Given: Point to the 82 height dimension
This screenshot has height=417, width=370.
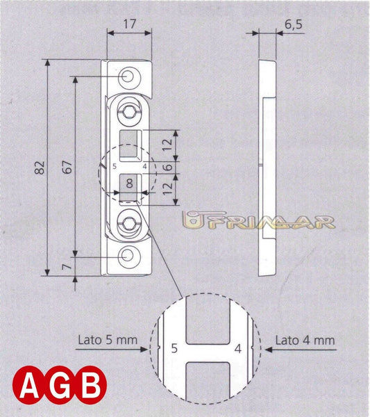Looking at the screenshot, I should [40, 167].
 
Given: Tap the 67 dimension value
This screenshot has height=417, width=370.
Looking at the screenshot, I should [66, 167].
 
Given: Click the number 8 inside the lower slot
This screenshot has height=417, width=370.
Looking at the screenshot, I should [128, 184].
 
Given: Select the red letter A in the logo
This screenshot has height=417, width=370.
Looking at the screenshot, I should [28, 384].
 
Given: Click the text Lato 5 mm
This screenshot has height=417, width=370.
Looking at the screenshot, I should [103, 341].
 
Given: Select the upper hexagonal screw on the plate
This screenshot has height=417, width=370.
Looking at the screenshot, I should [130, 111].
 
